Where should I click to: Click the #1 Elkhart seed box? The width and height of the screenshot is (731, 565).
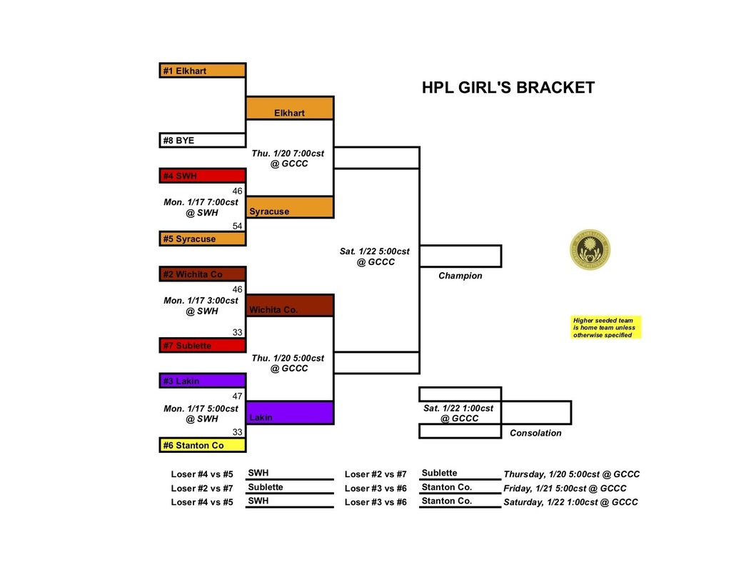coord(203,71)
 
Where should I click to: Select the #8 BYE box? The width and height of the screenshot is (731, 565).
coord(203,141)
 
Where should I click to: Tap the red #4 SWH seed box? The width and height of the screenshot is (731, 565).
coord(203,176)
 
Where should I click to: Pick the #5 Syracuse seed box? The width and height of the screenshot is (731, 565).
coord(203,239)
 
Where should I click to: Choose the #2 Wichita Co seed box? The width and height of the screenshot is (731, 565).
coord(203,274)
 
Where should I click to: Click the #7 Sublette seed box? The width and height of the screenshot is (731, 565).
coord(203,346)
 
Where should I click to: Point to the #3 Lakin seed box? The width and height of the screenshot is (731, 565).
coord(203,381)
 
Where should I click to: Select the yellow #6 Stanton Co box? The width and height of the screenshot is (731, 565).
coord(203,445)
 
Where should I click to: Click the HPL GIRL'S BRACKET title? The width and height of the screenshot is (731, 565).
coord(508,88)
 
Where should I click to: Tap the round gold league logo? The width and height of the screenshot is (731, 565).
coord(590,250)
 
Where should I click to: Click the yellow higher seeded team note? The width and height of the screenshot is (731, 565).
coord(606,327)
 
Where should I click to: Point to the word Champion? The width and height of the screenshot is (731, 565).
coord(460,276)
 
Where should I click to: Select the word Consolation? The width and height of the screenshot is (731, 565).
coord(535,433)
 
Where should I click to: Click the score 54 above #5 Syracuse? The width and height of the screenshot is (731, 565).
coord(238,226)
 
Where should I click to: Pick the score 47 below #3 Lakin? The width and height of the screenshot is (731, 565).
coord(238,395)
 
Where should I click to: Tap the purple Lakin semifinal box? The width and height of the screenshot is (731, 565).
coord(290,413)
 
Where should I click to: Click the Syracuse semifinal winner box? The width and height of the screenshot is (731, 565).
coord(290,207)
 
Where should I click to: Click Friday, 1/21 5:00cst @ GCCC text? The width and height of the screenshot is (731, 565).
coord(565,489)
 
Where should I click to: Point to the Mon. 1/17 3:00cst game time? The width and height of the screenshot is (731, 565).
coord(201,306)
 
